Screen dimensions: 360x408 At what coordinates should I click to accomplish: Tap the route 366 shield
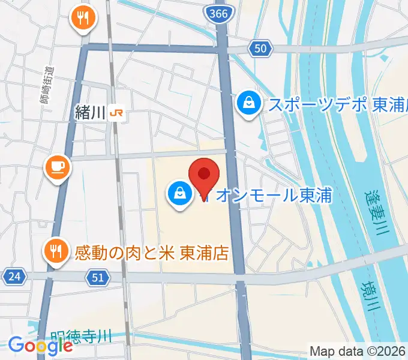point(220,13)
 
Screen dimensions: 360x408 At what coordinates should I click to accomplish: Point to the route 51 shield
point(100,277)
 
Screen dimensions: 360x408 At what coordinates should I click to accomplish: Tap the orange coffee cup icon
point(59,167)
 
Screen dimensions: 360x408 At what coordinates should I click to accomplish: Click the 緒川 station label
point(91,113)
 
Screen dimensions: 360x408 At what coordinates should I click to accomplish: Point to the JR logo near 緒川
point(118,113)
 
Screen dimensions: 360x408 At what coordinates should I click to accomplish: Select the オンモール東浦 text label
point(274,195)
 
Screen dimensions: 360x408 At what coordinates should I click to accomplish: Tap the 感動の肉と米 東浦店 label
point(152,253)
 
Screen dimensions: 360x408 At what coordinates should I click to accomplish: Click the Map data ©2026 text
point(357,351)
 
